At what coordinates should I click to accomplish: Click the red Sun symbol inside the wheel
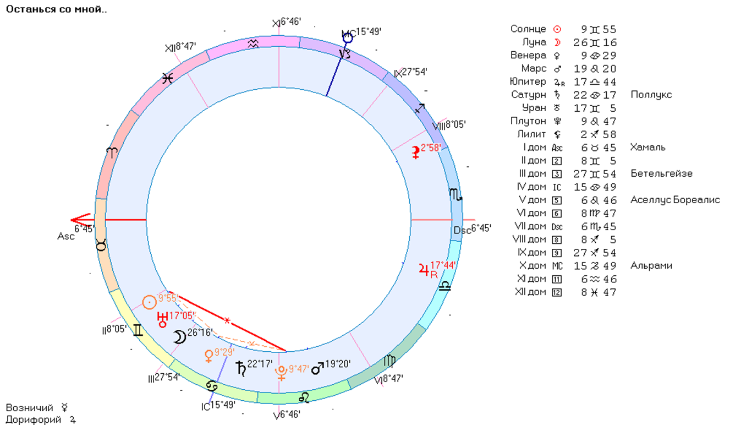(149, 302)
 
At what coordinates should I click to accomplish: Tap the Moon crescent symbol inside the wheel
(179, 337)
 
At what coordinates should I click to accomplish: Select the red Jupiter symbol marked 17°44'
(425, 270)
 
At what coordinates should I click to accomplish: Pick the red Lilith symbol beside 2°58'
(416, 153)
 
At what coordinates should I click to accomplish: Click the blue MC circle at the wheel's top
(347, 37)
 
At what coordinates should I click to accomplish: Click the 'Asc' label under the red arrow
(65, 236)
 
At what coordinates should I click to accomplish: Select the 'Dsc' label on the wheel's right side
(462, 230)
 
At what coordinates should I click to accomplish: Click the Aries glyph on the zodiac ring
(112, 153)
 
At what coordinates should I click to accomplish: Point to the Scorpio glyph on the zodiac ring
(456, 195)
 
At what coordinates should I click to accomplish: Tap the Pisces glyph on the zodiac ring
(168, 79)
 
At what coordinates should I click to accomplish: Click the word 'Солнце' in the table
(528, 29)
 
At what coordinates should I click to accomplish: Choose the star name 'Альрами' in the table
(651, 266)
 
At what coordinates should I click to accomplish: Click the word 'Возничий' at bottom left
(30, 408)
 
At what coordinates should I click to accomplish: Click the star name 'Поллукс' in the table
(651, 95)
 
